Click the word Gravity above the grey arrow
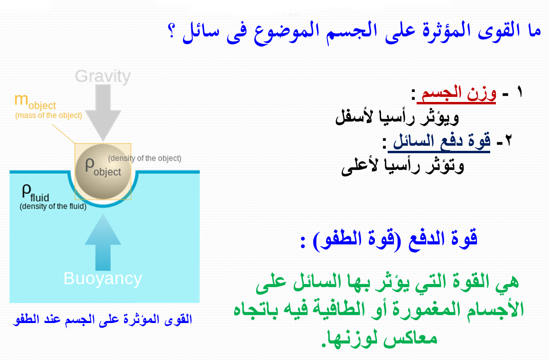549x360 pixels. point(102,76)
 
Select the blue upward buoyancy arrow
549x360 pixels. point(103,242)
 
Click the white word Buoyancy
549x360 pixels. point(102,279)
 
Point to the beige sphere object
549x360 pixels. point(103,171)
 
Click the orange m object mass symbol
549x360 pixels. point(35,102)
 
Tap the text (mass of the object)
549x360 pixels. point(49,115)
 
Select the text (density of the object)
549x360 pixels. point(145,158)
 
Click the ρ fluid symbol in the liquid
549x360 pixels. point(36,193)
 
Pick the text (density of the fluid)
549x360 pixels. point(53,206)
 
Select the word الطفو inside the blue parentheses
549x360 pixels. point(338,240)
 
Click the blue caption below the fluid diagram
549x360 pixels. point(102,319)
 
